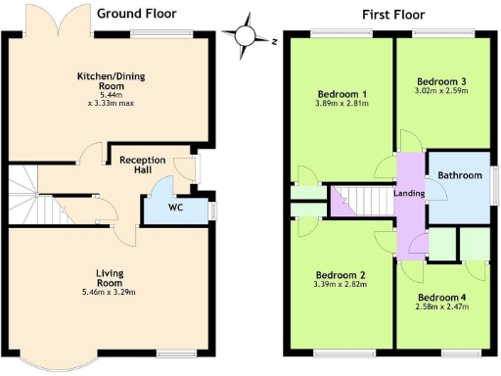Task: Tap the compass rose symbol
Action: click(250, 36)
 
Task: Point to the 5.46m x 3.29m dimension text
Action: click(108, 292)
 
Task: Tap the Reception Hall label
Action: click(142, 165)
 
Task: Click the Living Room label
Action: click(108, 276)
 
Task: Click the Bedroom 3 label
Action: click(441, 80)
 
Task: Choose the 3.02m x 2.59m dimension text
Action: click(441, 91)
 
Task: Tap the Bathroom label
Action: click(460, 175)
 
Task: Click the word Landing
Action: click(408, 193)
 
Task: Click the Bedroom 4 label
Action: click(442, 297)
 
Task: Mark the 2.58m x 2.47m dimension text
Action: click(442, 307)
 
